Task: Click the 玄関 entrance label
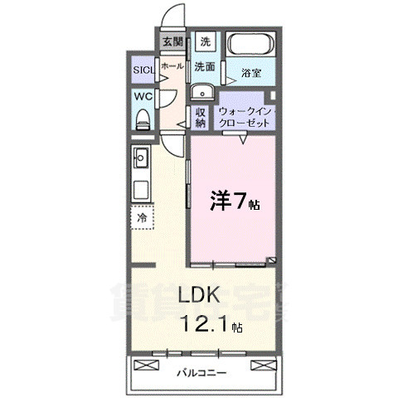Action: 171,41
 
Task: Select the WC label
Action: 143,96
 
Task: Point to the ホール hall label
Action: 172,65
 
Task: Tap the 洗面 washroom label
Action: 205,67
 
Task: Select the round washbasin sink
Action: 202,92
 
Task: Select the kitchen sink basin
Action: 140,155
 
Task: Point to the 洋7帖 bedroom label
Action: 234,201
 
